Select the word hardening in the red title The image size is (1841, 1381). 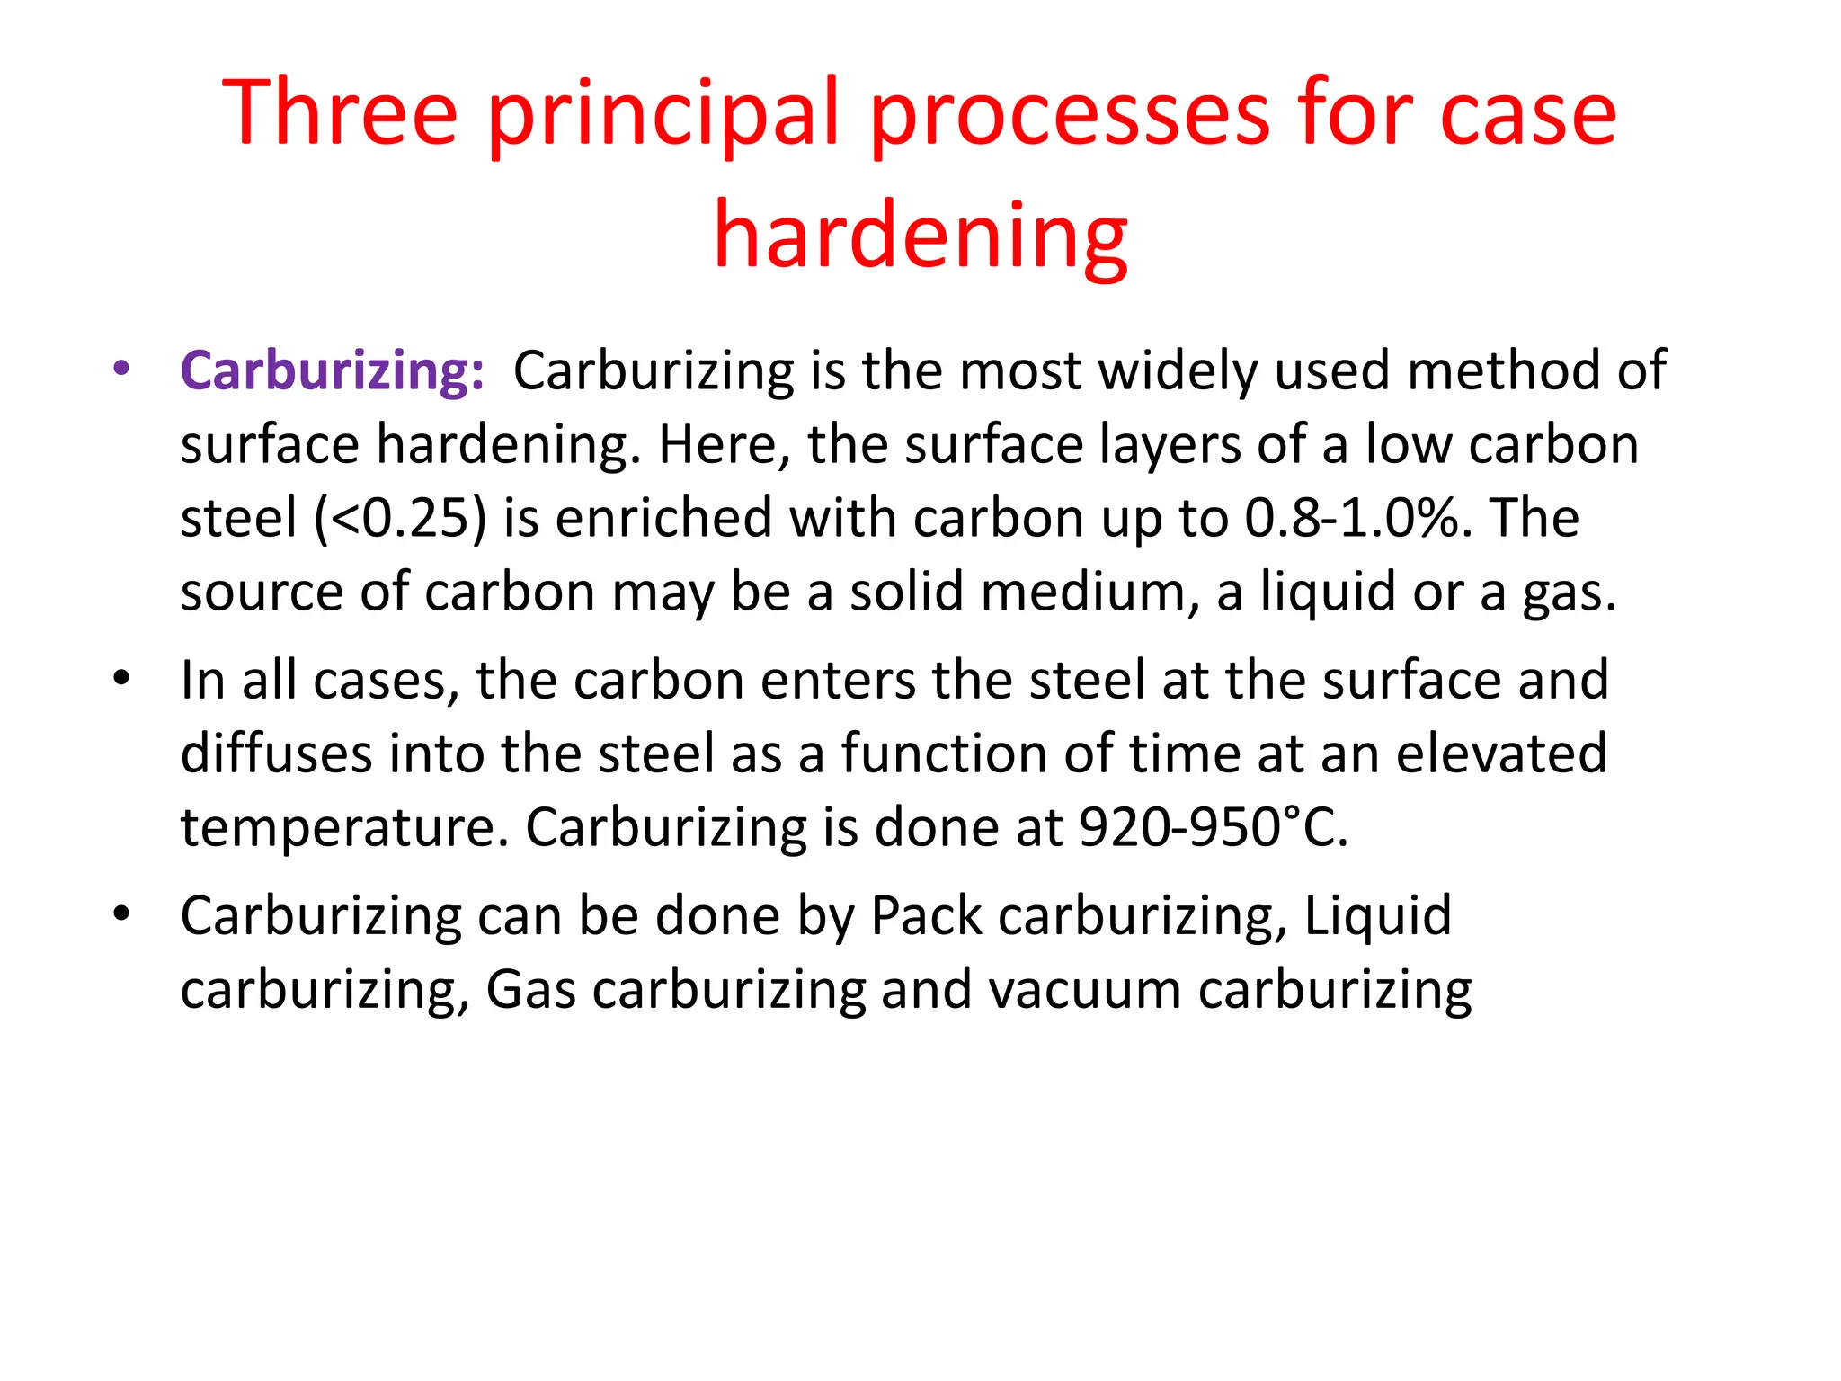[920, 236]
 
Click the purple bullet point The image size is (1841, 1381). [122, 368]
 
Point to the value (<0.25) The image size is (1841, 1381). [400, 519]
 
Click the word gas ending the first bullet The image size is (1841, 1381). [1569, 593]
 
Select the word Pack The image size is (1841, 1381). [926, 916]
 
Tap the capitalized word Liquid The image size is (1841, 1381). [1377, 916]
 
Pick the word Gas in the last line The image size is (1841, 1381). [530, 991]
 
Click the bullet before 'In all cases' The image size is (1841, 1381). [122, 678]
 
